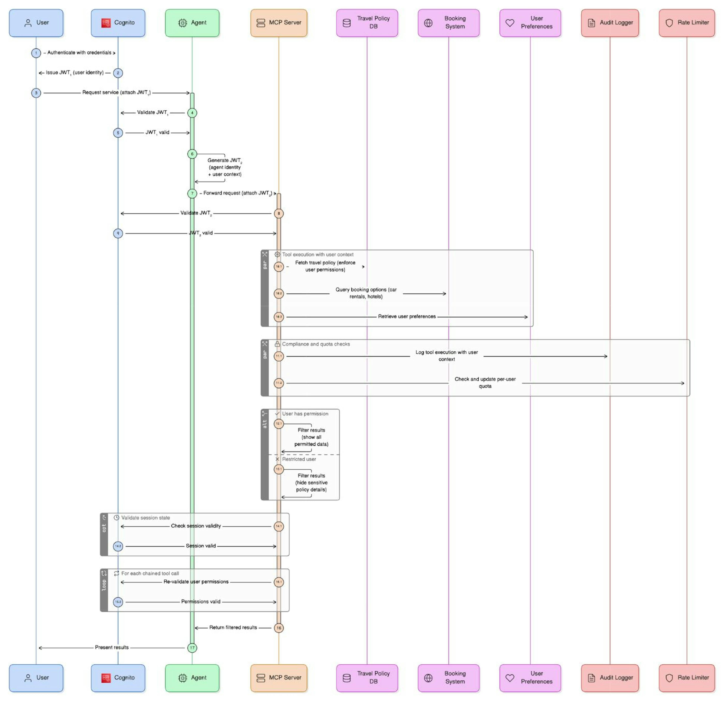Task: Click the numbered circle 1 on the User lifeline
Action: [36, 53]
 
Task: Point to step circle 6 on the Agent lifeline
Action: [192, 154]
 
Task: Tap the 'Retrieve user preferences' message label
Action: [407, 316]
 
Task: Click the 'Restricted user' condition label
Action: [299, 459]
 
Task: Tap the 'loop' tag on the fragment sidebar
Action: [104, 585]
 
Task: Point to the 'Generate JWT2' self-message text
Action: [225, 167]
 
